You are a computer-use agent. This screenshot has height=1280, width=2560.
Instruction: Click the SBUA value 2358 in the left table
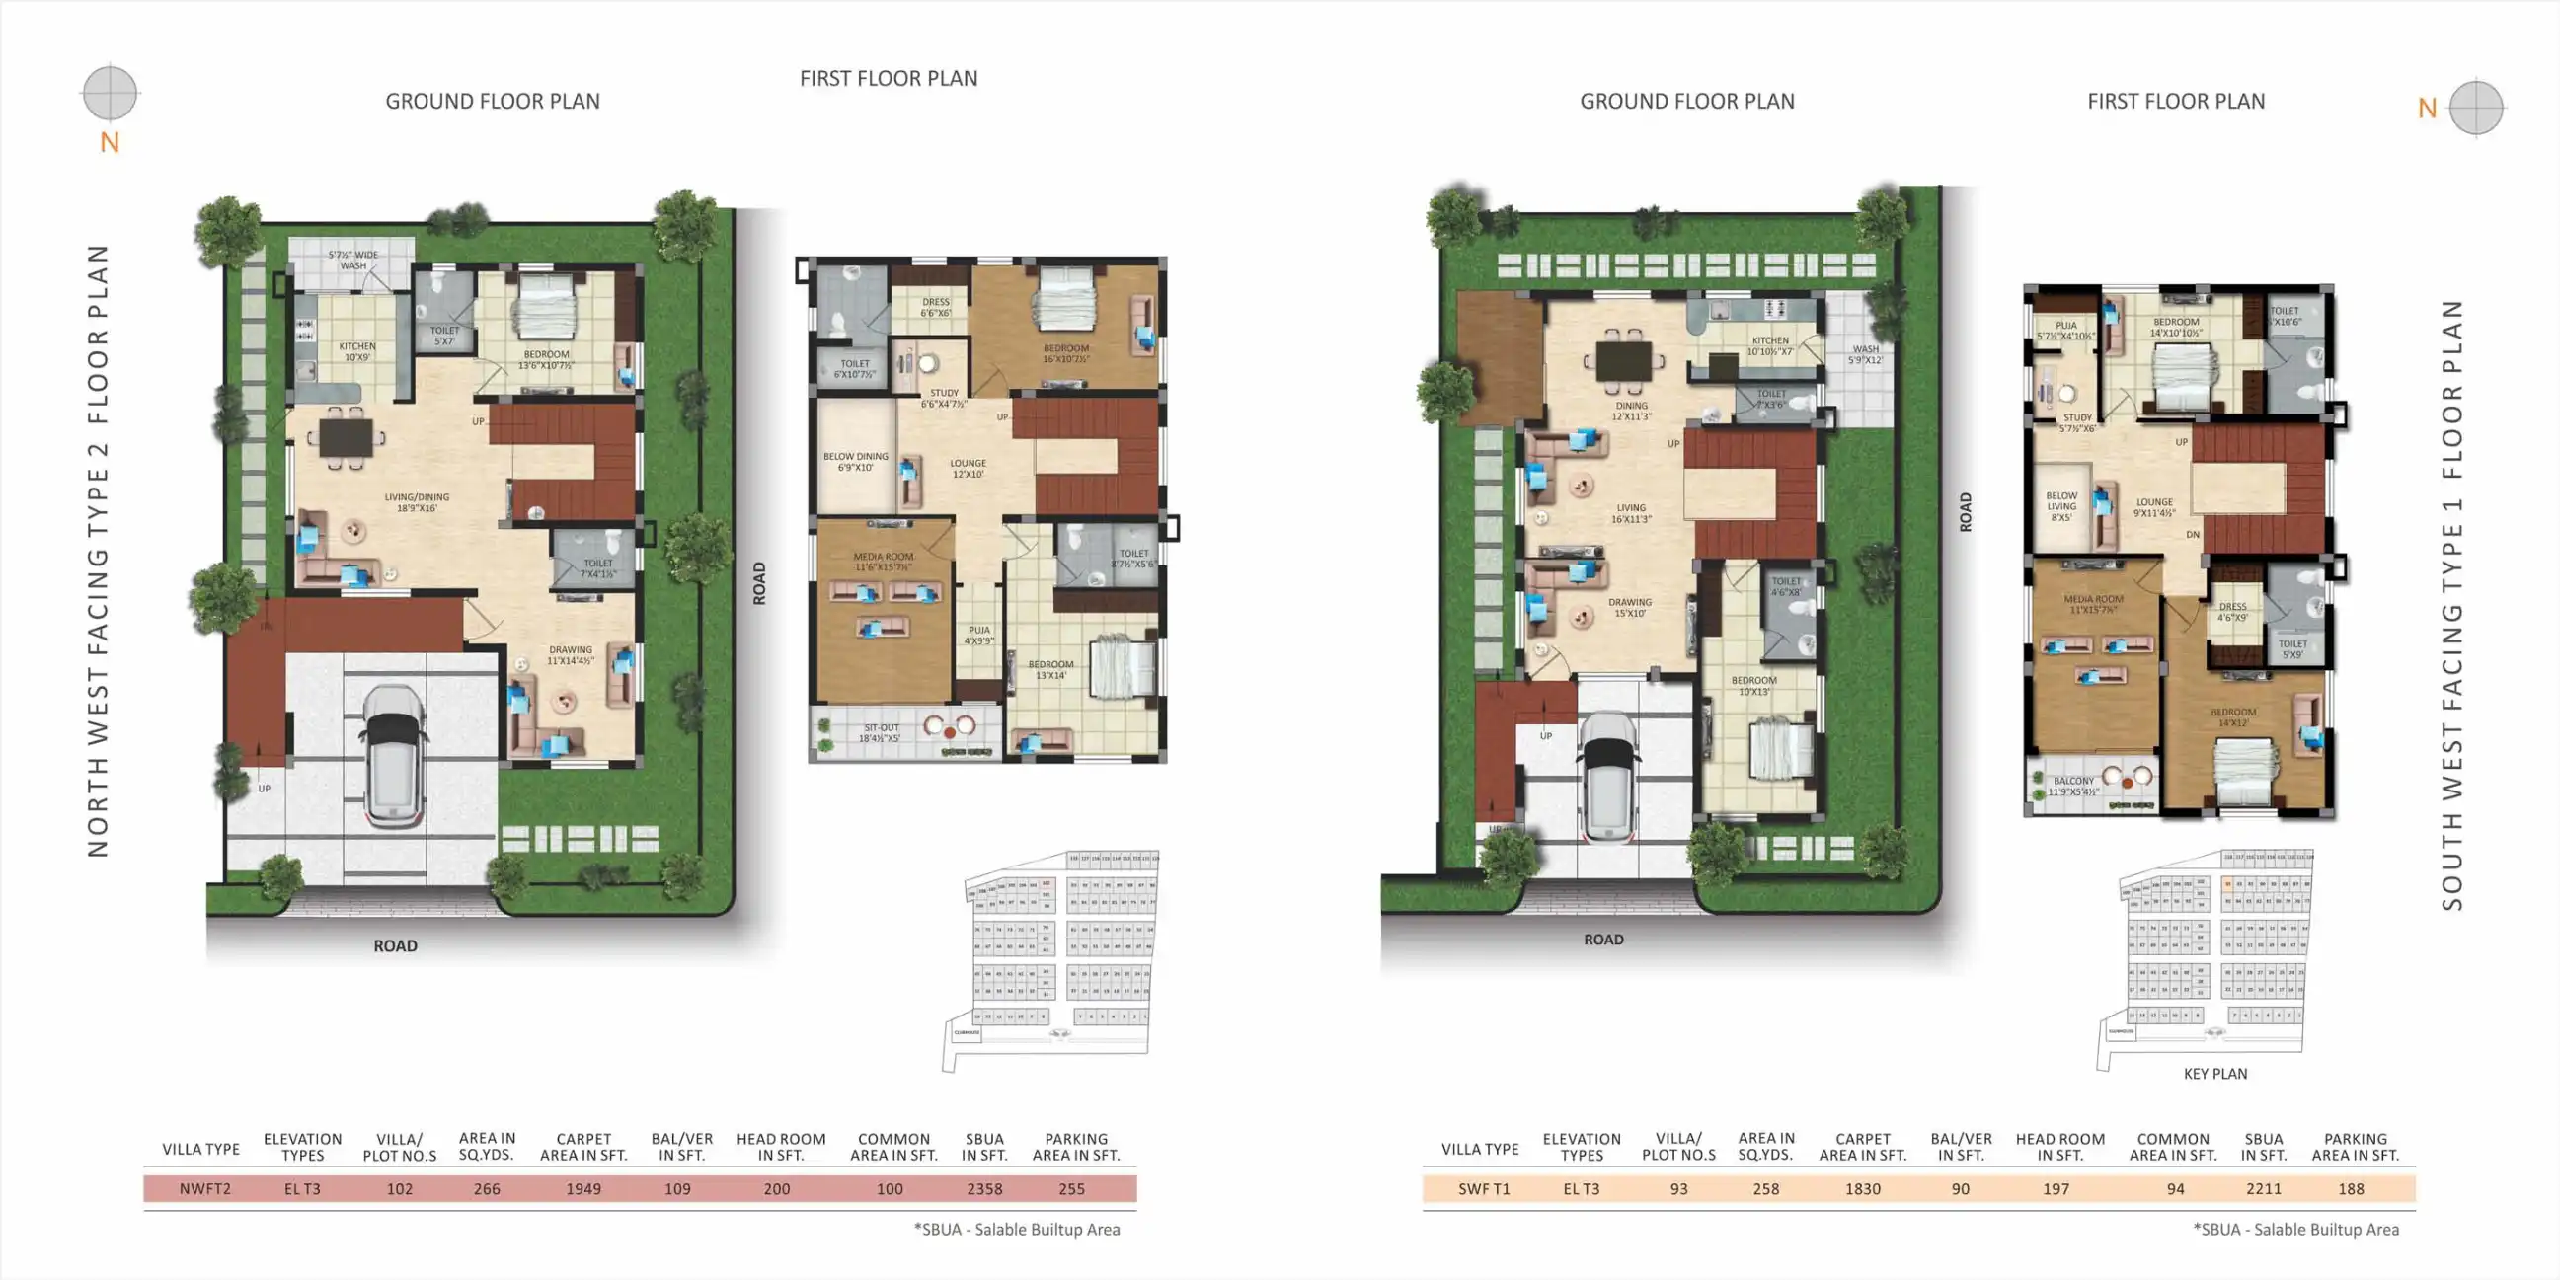pyautogui.click(x=984, y=1188)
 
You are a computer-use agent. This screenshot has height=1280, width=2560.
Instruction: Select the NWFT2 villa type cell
pyautogui.click(x=204, y=1188)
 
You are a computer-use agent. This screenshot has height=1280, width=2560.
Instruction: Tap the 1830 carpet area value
pyautogui.click(x=1862, y=1188)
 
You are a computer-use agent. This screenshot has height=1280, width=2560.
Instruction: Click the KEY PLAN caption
pyautogui.click(x=2214, y=1074)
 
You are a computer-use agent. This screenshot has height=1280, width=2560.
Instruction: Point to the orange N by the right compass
pyautogui.click(x=2427, y=109)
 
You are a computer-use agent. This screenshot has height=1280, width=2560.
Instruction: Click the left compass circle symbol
pyautogui.click(x=110, y=93)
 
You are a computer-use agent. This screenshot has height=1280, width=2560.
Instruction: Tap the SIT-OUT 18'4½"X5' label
pyautogui.click(x=881, y=732)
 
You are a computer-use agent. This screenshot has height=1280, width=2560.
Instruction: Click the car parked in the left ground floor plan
pyautogui.click(x=395, y=755)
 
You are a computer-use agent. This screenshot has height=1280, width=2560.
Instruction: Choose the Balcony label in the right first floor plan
pyautogui.click(x=2073, y=787)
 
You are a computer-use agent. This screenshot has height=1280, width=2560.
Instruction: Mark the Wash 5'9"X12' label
pyautogui.click(x=1864, y=353)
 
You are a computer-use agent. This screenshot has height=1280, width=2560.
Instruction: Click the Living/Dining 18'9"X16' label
pyautogui.click(x=417, y=502)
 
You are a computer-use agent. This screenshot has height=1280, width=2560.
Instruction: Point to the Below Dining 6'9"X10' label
pyautogui.click(x=855, y=461)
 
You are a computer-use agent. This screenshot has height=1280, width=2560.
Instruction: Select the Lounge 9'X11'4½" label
pyautogui.click(x=2153, y=507)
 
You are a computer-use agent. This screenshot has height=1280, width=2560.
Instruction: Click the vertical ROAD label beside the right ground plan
pyautogui.click(x=1965, y=512)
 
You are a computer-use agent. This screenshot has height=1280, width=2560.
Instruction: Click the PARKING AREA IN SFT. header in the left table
pyautogui.click(x=1075, y=1146)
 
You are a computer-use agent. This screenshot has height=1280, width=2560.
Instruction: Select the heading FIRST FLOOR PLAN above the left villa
pyautogui.click(x=889, y=79)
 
